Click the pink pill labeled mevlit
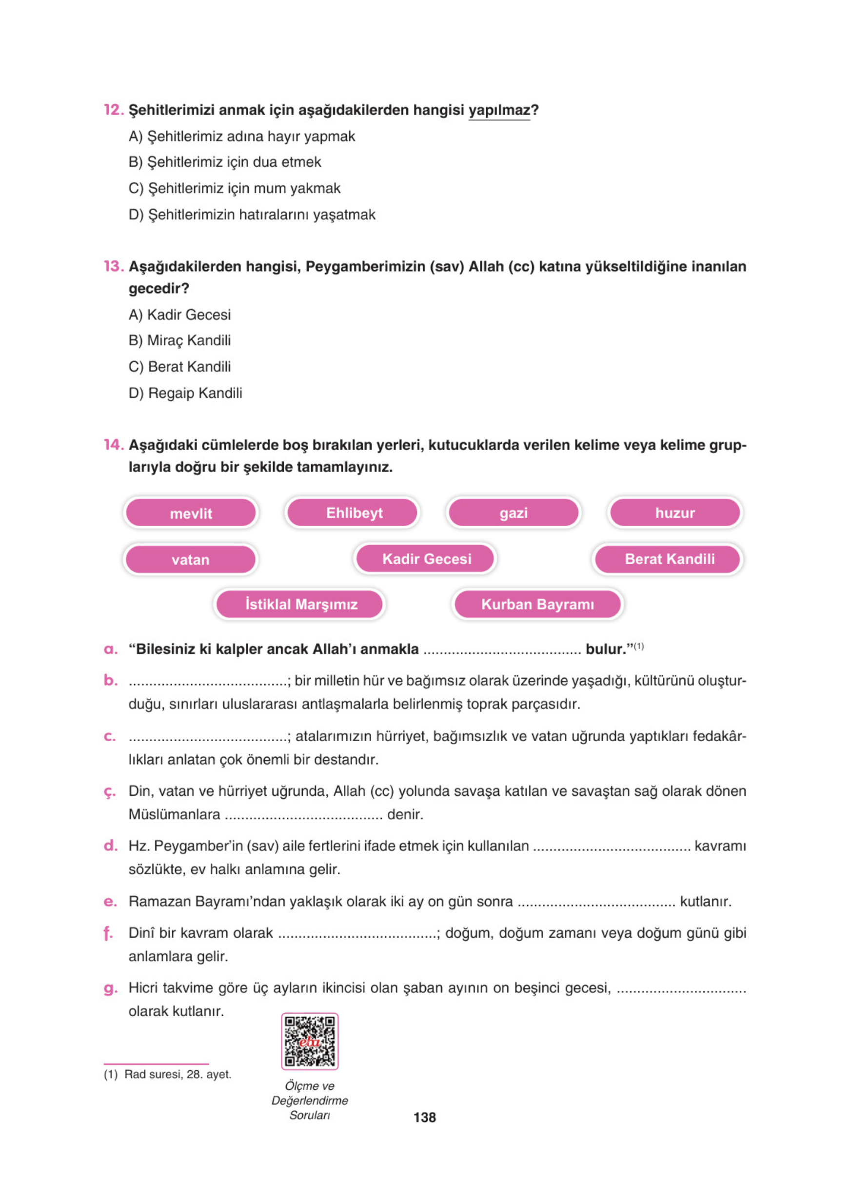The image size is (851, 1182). tap(191, 513)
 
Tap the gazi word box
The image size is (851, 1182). tap(514, 512)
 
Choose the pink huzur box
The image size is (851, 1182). tap(674, 512)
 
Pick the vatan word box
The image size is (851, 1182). tap(191, 559)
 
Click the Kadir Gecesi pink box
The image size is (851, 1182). tap(426, 559)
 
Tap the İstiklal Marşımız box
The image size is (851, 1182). tap(300, 604)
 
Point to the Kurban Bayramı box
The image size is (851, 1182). tap(537, 604)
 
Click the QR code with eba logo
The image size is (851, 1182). tap(310, 1041)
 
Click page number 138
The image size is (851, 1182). tap(424, 1117)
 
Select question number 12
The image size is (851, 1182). tap(113, 110)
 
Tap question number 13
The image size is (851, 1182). tap(113, 266)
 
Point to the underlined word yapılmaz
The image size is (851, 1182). tap(499, 111)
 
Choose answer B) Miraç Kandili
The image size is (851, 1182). tap(180, 340)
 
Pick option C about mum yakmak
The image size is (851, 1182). tap(235, 188)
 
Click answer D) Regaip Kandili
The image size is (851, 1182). tap(185, 393)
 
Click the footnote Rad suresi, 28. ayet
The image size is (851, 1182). tap(168, 1074)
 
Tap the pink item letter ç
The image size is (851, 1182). tap(109, 791)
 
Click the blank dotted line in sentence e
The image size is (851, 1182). tap(596, 902)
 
